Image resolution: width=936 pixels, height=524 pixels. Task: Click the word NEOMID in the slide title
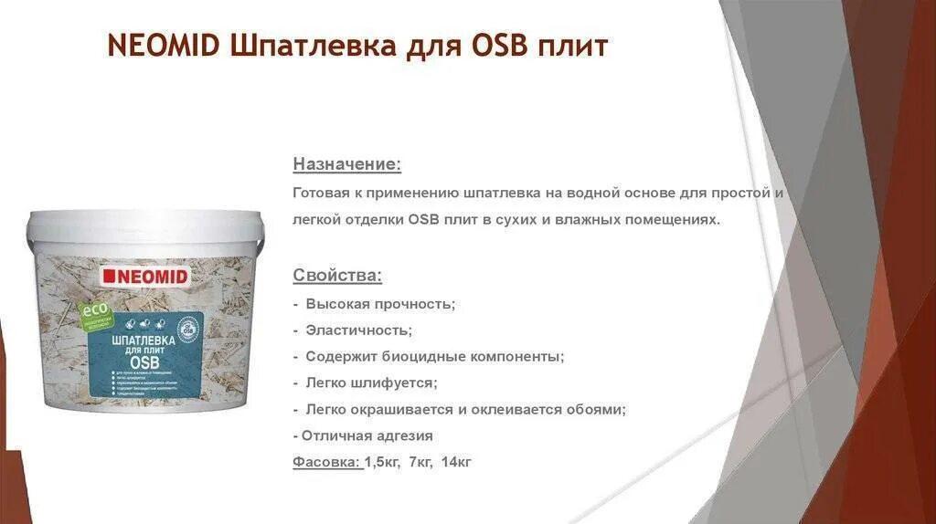162,46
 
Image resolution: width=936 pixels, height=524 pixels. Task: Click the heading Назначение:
346,164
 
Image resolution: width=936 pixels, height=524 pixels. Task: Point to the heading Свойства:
337,275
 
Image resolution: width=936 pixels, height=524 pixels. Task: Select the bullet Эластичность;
359,330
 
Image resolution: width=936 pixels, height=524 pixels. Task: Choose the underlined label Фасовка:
327,462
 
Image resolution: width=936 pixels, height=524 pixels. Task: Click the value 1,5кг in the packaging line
383,462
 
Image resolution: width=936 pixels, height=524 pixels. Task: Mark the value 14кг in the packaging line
456,462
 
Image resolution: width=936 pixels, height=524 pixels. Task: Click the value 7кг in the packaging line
420,462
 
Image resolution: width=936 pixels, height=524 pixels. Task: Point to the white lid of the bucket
145,225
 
